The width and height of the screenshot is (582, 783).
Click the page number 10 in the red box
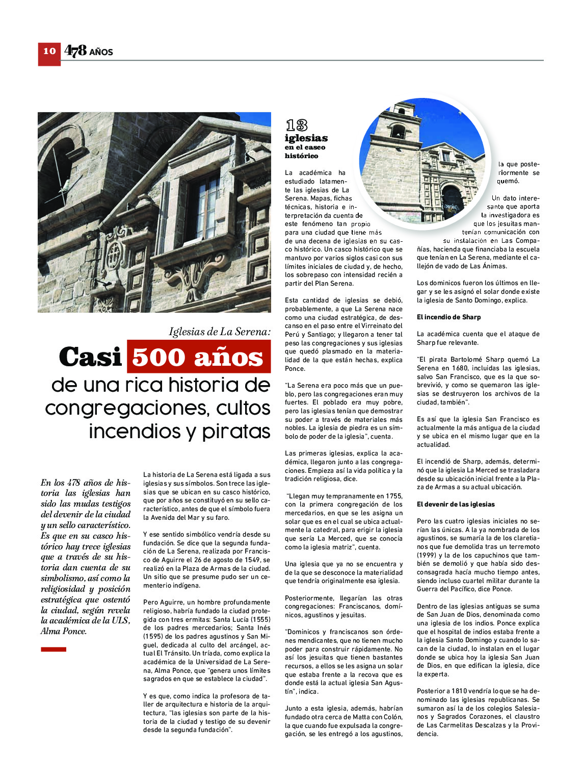[x=49, y=51]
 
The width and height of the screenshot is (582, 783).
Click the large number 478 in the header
[x=75, y=50]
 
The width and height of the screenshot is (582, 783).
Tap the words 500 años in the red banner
[x=198, y=357]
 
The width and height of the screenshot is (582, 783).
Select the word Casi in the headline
[x=90, y=357]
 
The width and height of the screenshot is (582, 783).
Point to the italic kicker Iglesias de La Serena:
[x=220, y=332]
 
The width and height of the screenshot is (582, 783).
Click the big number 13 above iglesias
[x=296, y=125]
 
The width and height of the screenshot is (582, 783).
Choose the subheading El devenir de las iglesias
[x=456, y=504]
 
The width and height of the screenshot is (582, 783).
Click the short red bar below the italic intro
[x=54, y=649]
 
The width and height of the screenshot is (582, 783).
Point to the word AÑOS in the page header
[x=101, y=52]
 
